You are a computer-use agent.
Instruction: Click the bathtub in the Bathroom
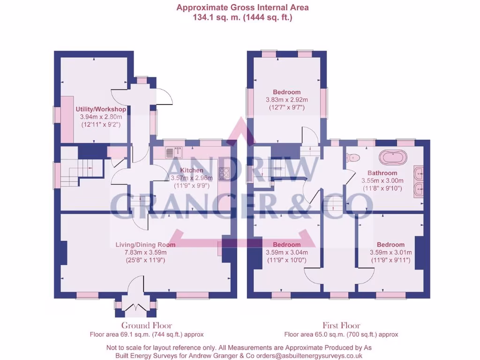coord(393,157)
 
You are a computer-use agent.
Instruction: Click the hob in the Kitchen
coord(224,173)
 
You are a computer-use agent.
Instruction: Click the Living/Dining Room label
coord(145,245)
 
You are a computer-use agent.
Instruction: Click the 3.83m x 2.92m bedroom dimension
coord(286,100)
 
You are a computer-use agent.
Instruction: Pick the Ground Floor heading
coord(147,325)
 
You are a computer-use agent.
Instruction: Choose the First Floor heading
coord(341,325)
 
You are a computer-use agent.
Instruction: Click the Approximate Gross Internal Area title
coord(242,7)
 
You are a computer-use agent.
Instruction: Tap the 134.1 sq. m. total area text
coord(242,17)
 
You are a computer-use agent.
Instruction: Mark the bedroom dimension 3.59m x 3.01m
coord(390,253)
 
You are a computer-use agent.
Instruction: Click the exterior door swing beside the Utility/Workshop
coord(165,97)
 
